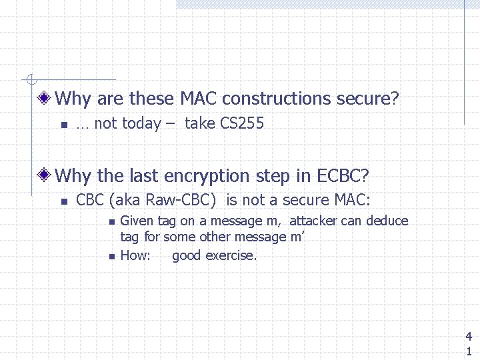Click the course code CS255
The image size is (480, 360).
pyautogui.click(x=242, y=123)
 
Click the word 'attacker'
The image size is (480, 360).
pyautogui.click(x=313, y=221)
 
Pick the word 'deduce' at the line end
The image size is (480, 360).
pyautogui.click(x=386, y=221)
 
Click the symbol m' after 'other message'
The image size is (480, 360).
pyautogui.click(x=297, y=237)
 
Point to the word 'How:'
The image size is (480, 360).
pyautogui.click(x=135, y=255)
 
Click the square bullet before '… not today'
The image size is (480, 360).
pyautogui.click(x=62, y=125)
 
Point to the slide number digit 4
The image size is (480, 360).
pyautogui.click(x=469, y=337)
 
